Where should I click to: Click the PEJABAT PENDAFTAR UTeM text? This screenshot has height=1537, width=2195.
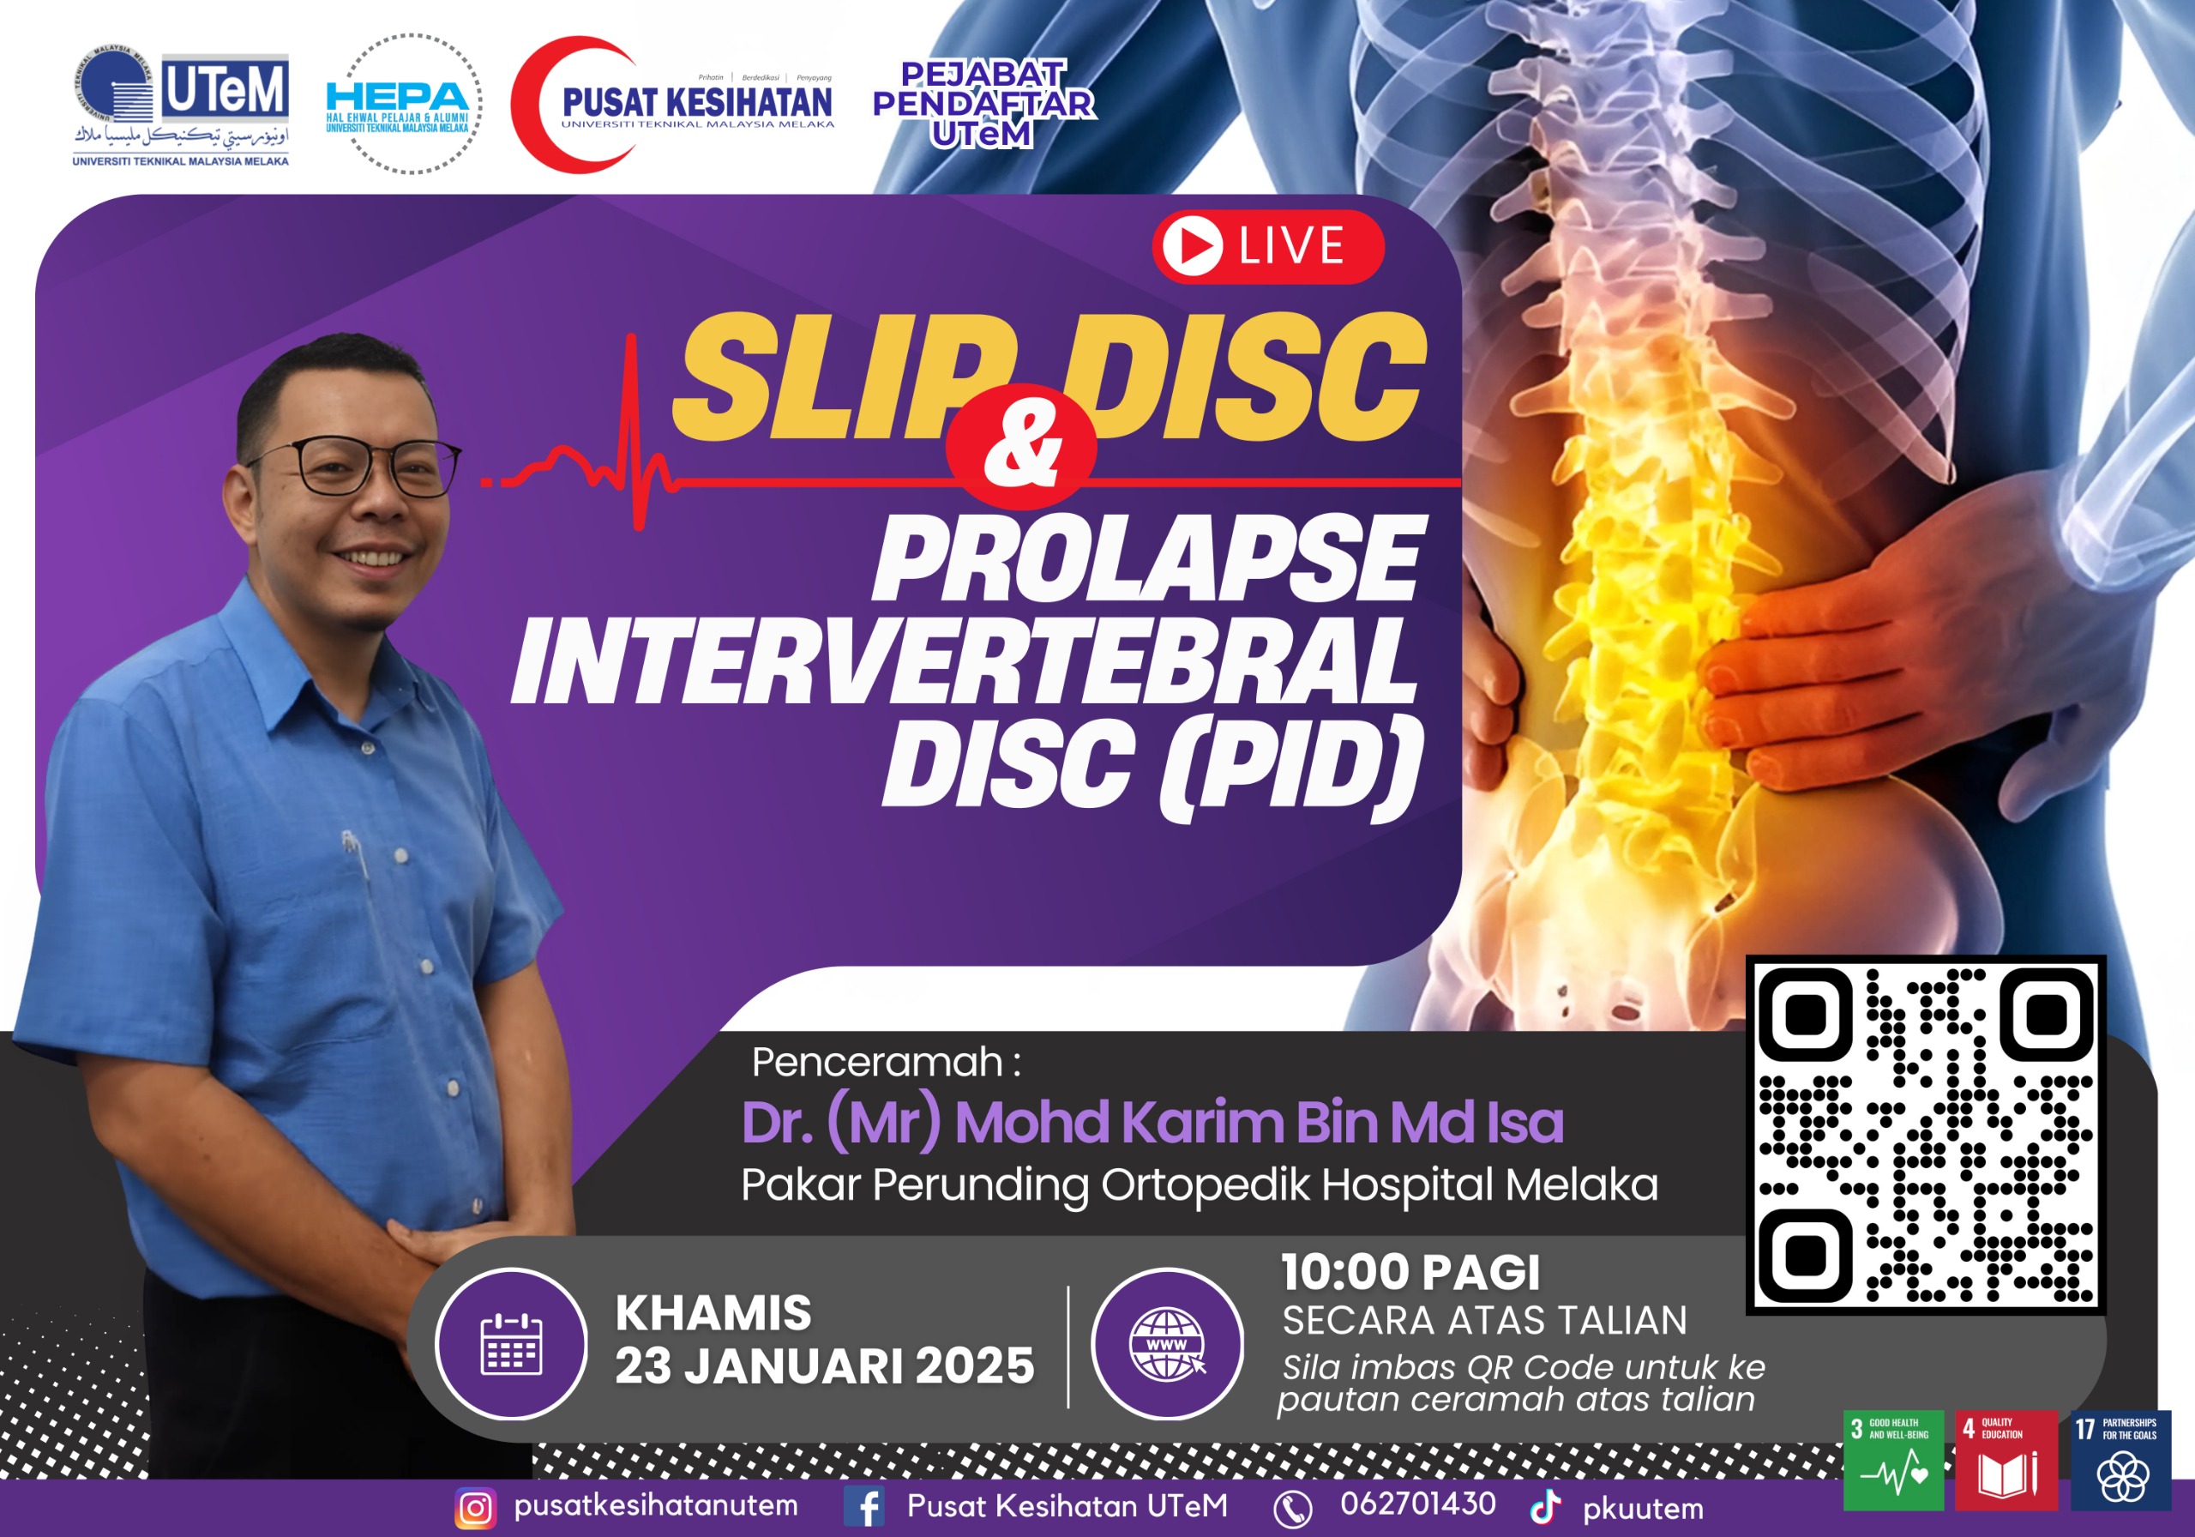(983, 103)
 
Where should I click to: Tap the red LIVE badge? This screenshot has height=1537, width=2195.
(1267, 246)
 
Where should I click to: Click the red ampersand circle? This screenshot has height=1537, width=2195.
(1020, 446)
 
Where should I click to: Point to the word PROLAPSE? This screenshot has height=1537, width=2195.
(1147, 559)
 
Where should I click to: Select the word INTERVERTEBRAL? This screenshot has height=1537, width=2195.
(964, 662)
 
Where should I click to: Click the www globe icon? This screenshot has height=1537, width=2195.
(1166, 1343)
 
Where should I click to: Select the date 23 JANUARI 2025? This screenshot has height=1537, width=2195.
(824, 1365)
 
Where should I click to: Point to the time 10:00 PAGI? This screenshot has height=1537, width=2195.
(1410, 1272)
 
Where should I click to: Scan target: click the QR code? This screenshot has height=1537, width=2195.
(1926, 1135)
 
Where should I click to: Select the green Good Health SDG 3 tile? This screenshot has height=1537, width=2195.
(1893, 1461)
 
